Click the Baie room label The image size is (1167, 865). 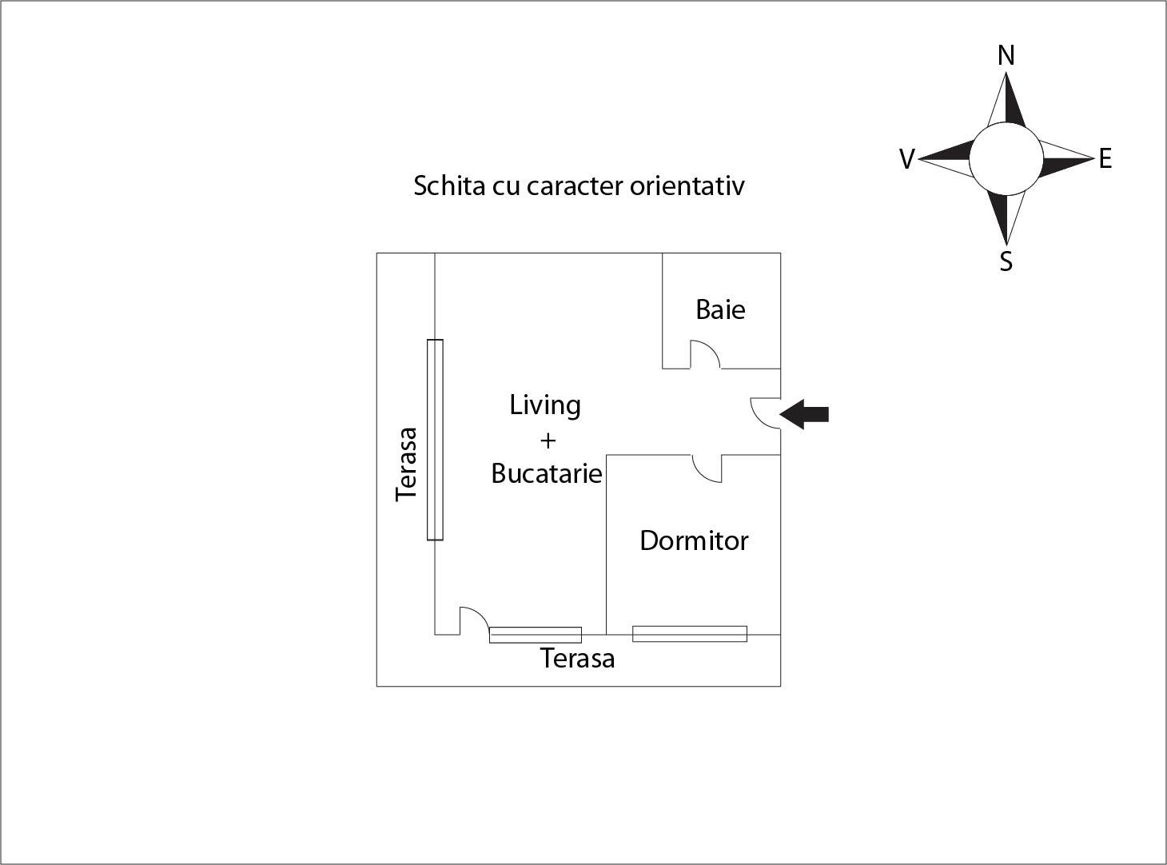point(720,309)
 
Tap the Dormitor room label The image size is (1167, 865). point(694,541)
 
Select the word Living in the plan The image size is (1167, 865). point(545,405)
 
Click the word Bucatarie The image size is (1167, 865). point(546,473)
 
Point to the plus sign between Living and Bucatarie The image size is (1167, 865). point(548,440)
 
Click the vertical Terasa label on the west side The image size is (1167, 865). point(407,464)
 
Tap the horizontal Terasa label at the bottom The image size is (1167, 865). point(577,659)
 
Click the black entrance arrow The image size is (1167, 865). point(805,415)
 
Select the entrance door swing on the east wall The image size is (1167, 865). point(766,413)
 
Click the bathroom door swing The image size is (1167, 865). point(704,355)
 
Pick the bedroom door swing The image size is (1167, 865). point(707,468)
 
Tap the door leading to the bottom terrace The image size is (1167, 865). point(473,621)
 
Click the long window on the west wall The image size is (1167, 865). point(435,440)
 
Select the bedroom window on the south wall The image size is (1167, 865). point(690,634)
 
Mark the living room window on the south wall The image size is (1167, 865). point(536,636)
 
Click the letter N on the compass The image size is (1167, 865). point(1006,56)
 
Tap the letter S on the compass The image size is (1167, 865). point(1006,261)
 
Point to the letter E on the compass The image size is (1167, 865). point(1105,159)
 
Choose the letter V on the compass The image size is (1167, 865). point(906,160)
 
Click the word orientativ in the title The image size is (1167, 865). point(687,185)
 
